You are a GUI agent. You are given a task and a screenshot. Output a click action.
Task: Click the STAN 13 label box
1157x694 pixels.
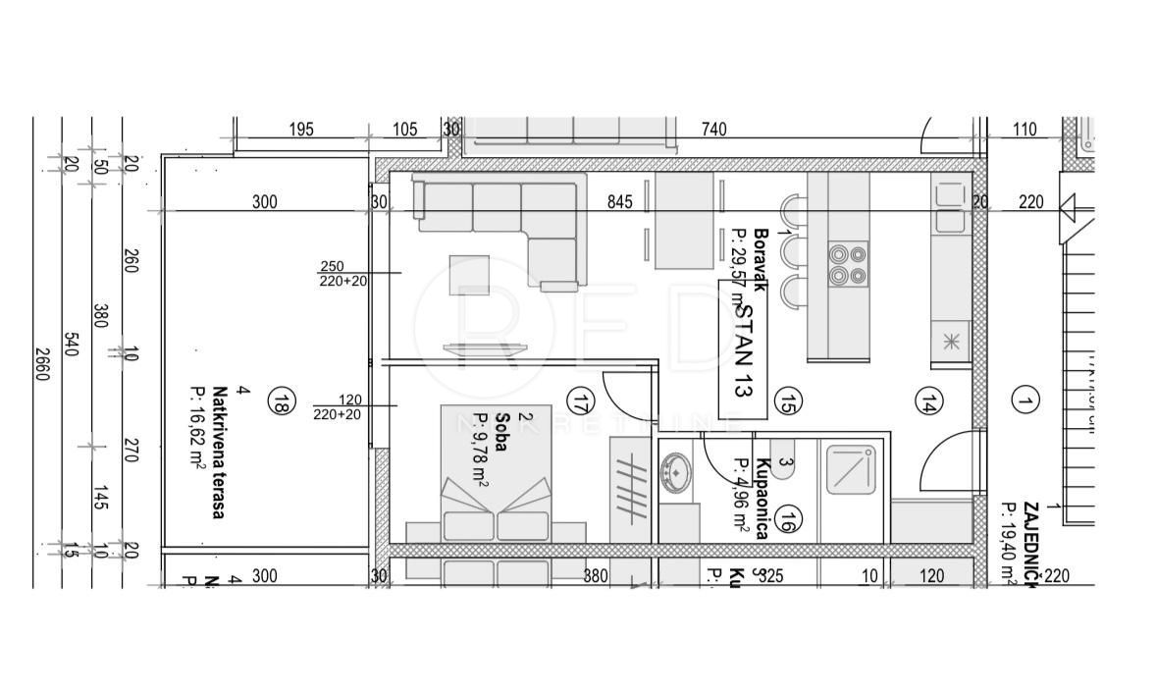click(x=743, y=348)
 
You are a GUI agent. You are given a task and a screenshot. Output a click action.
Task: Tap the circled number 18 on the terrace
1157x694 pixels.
click(x=282, y=401)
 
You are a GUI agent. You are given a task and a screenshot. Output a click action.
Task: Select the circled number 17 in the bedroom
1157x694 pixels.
click(x=581, y=400)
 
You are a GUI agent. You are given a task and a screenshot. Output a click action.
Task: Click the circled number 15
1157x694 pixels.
click(x=787, y=400)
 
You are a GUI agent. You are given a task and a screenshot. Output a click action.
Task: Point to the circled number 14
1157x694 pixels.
click(x=928, y=400)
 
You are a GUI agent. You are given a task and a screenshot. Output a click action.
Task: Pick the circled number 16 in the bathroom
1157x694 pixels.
click(x=787, y=520)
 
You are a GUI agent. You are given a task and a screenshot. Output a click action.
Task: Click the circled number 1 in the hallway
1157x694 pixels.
click(x=1026, y=400)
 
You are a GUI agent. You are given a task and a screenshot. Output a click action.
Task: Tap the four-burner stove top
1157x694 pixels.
click(x=848, y=263)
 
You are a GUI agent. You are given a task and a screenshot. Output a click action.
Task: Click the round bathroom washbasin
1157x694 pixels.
click(x=675, y=472)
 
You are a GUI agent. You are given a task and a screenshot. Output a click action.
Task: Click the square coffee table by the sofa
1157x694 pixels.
click(x=469, y=275)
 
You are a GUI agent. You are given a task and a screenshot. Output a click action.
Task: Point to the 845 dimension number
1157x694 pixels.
click(x=620, y=203)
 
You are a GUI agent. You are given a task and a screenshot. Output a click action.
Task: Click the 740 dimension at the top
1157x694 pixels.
click(x=713, y=130)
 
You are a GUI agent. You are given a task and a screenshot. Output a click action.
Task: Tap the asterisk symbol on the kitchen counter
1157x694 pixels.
click(x=950, y=342)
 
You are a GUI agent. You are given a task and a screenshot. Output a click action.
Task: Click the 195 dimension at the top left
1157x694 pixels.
click(x=300, y=130)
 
